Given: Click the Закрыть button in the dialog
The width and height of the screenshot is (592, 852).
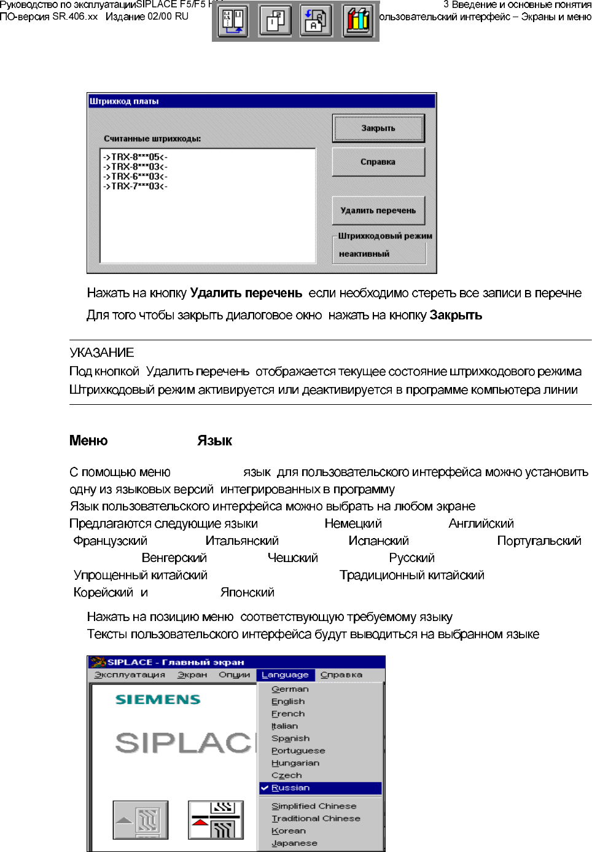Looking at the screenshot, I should pos(378,128).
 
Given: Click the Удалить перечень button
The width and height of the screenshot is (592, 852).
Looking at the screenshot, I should pos(378,211).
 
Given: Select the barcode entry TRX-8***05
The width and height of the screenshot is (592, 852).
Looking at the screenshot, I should pos(135,157).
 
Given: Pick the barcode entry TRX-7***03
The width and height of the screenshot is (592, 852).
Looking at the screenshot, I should pos(135,186).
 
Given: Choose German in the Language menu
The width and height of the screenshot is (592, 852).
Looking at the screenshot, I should pos(290,689).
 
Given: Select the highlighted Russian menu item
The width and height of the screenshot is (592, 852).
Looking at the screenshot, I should pos(290,788).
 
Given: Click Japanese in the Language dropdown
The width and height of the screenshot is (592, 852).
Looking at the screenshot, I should pos(294,843).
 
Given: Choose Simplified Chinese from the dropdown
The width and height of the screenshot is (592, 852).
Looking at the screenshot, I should pos(314,807).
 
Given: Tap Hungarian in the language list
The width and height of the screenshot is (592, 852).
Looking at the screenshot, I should pos(295,764).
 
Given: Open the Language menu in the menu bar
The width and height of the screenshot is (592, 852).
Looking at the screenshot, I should pos(285,675).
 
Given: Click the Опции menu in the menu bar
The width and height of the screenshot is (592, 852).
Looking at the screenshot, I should pos(234,675).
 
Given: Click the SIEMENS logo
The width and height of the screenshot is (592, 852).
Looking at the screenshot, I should pos(158,700).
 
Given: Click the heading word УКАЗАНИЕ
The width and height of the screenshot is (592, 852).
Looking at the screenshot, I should pos(101,353).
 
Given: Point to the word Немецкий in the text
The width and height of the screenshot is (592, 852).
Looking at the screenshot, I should pos(353,524).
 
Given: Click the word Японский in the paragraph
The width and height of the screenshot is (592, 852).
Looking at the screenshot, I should pos(247,593).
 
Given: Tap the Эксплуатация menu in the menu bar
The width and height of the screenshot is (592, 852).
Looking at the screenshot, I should pos(130,675).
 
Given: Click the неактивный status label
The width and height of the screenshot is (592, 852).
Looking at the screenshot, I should pos(364,254).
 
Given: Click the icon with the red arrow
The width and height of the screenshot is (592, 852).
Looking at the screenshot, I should pos(216,820).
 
